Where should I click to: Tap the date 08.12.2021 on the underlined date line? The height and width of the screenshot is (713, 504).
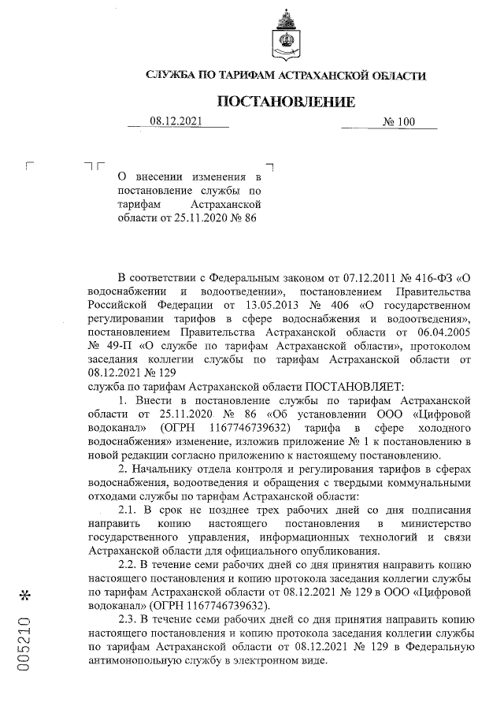coord(176,121)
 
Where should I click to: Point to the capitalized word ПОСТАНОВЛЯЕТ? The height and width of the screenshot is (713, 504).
coord(354,386)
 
